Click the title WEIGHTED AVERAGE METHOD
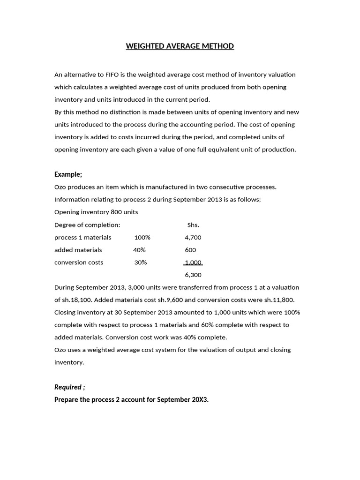180,46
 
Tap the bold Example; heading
68,174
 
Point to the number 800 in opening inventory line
116,212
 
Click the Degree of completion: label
87,225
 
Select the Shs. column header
193,225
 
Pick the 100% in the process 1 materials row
142,237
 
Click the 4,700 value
193,237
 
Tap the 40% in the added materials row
139,250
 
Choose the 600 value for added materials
190,250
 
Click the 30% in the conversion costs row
141,262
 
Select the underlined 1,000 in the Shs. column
193,262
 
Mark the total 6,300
193,275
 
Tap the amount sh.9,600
175,300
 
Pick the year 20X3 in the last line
200,399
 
